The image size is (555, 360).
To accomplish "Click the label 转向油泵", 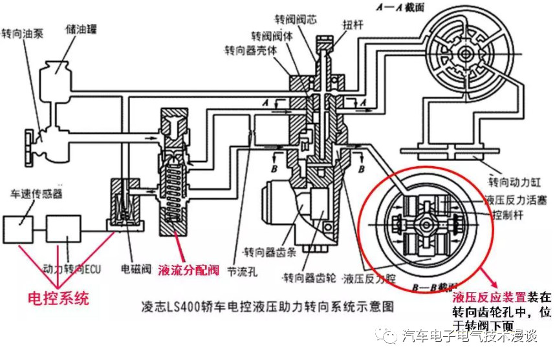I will (22, 32).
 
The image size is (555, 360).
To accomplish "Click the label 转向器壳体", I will (249, 50).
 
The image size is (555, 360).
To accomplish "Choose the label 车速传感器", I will (32, 193).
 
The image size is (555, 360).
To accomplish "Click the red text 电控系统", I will (58, 299).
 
